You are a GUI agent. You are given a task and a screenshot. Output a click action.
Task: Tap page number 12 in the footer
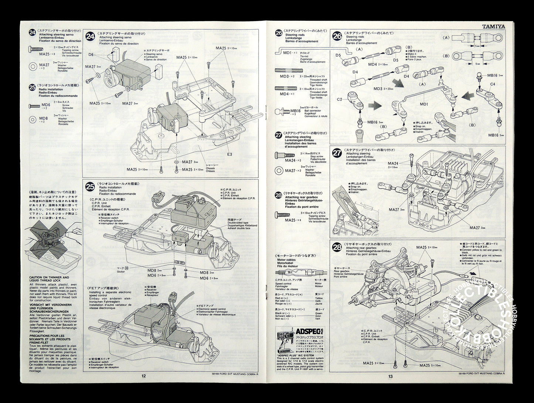[143, 375]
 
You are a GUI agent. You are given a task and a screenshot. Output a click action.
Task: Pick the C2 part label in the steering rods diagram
[340, 99]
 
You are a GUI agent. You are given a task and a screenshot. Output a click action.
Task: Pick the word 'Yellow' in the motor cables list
[319, 298]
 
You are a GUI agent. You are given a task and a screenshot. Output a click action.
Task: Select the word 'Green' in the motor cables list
[319, 313]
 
